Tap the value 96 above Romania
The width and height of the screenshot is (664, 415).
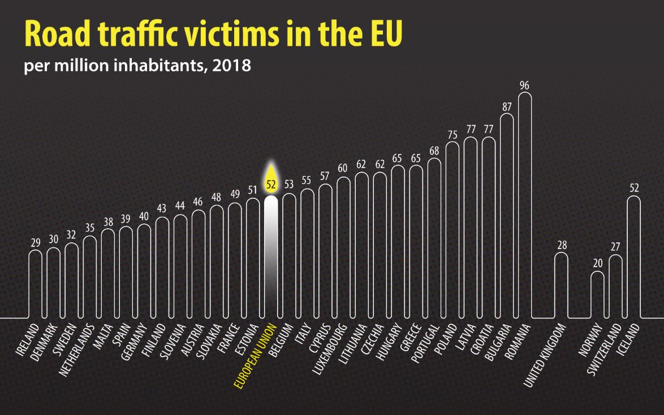[x=524, y=85]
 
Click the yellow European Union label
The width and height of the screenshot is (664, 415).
[x=255, y=357]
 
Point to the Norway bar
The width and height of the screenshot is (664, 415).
[x=597, y=294]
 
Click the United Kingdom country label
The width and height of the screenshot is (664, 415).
[x=545, y=354]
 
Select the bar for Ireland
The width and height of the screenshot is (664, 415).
[x=36, y=284]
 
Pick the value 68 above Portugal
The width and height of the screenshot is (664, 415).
[x=434, y=151]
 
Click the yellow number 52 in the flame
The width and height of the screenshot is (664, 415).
[x=271, y=183]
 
